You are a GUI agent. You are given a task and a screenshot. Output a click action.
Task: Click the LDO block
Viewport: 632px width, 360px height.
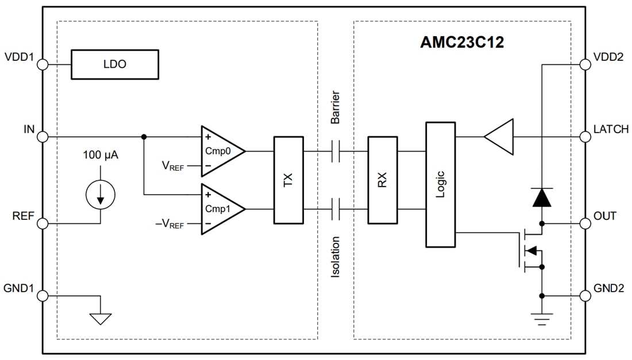tap(114, 64)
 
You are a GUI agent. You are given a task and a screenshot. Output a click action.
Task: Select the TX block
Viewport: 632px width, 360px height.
tap(288, 180)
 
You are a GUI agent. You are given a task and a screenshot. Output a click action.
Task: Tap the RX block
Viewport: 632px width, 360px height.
tap(382, 180)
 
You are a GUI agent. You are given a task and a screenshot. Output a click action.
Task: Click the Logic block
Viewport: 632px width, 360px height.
tap(440, 184)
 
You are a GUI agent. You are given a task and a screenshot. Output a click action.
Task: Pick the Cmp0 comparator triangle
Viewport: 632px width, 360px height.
tap(221, 151)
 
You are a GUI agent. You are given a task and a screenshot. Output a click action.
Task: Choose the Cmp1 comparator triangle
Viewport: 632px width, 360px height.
tap(221, 209)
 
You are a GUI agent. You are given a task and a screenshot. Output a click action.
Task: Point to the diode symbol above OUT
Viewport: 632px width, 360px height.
tap(541, 198)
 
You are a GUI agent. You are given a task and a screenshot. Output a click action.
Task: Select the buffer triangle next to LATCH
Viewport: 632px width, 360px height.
tap(500, 137)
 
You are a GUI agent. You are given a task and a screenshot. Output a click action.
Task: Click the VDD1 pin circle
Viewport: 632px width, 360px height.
tap(43, 64)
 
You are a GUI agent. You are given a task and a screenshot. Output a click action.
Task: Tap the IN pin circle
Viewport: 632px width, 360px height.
tap(43, 137)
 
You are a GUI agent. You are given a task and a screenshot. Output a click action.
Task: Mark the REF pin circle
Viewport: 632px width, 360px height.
tap(43, 223)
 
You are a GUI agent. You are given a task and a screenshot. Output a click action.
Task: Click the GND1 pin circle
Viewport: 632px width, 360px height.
tap(43, 296)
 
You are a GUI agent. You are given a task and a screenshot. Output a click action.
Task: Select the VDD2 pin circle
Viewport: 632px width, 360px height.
tap(585, 64)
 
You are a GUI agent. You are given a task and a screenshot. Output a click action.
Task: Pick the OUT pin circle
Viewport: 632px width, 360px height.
tap(585, 223)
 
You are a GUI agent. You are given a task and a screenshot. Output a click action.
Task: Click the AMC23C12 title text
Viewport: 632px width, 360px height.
tap(462, 42)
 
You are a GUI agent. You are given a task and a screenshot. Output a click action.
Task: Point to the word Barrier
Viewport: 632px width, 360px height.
tap(336, 107)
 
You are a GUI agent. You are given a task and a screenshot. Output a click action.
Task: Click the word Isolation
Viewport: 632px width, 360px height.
tap(336, 257)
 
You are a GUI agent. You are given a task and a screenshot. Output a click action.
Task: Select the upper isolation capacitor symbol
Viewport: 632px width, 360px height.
tap(336, 152)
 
